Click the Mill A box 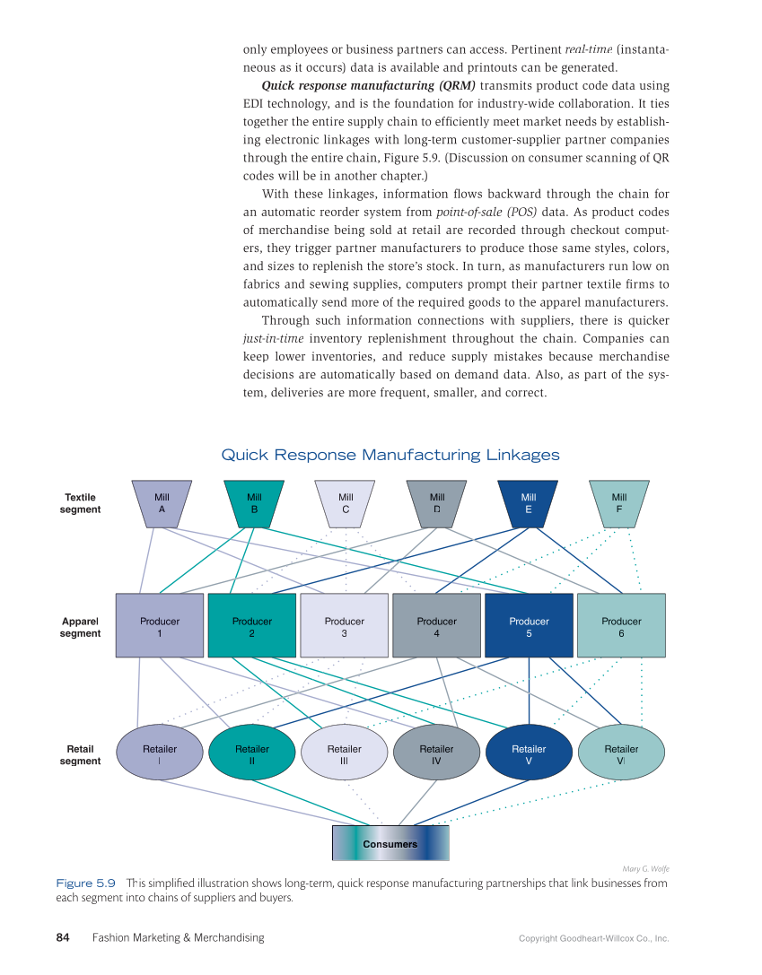[x=162, y=502]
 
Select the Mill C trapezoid [x=346, y=502]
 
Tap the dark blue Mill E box [x=529, y=502]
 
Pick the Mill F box [x=619, y=502]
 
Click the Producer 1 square [x=160, y=626]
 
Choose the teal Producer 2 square [x=252, y=626]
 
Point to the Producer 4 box [x=437, y=626]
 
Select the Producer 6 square [x=621, y=626]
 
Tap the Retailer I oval [x=160, y=753]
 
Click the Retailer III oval [x=345, y=753]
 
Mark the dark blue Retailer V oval [x=529, y=753]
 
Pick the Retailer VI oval [x=621, y=753]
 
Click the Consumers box [x=390, y=843]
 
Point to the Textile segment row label [x=81, y=503]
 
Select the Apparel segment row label [x=81, y=626]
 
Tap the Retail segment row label [x=81, y=754]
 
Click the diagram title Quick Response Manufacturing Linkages [x=390, y=456]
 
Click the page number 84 [x=63, y=937]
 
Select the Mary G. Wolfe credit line [x=645, y=868]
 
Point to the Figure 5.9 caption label [x=85, y=884]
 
